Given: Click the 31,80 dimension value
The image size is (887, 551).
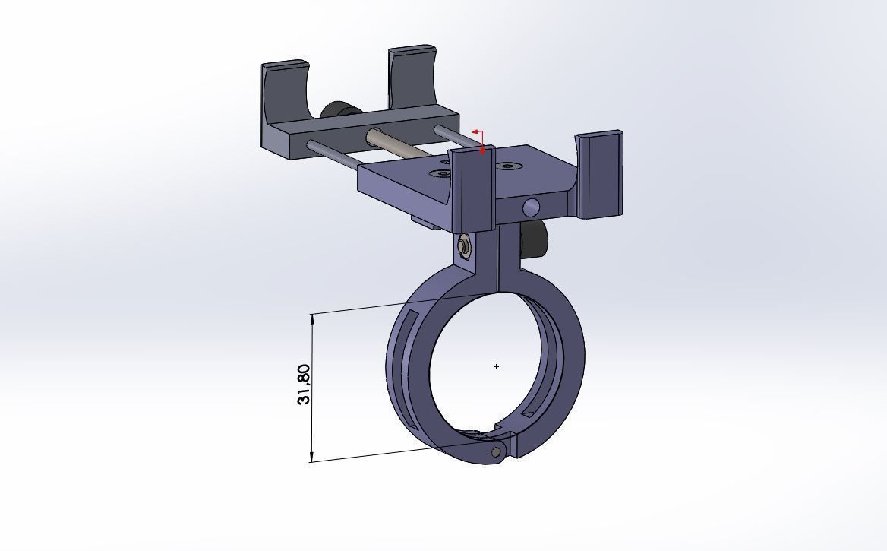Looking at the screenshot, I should (x=304, y=385).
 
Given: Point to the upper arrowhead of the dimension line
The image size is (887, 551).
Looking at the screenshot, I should (x=312, y=318).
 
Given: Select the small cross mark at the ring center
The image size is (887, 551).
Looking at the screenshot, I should (x=497, y=366).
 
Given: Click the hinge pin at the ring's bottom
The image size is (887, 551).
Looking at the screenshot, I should (x=496, y=452).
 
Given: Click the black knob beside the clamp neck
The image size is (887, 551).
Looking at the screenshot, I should (x=535, y=239).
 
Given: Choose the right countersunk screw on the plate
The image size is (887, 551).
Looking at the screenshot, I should (x=507, y=166).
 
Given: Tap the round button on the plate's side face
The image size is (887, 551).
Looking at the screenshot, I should (x=532, y=207).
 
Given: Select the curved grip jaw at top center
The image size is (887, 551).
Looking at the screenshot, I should (x=412, y=76).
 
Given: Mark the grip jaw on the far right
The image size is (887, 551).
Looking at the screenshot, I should (x=600, y=175).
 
